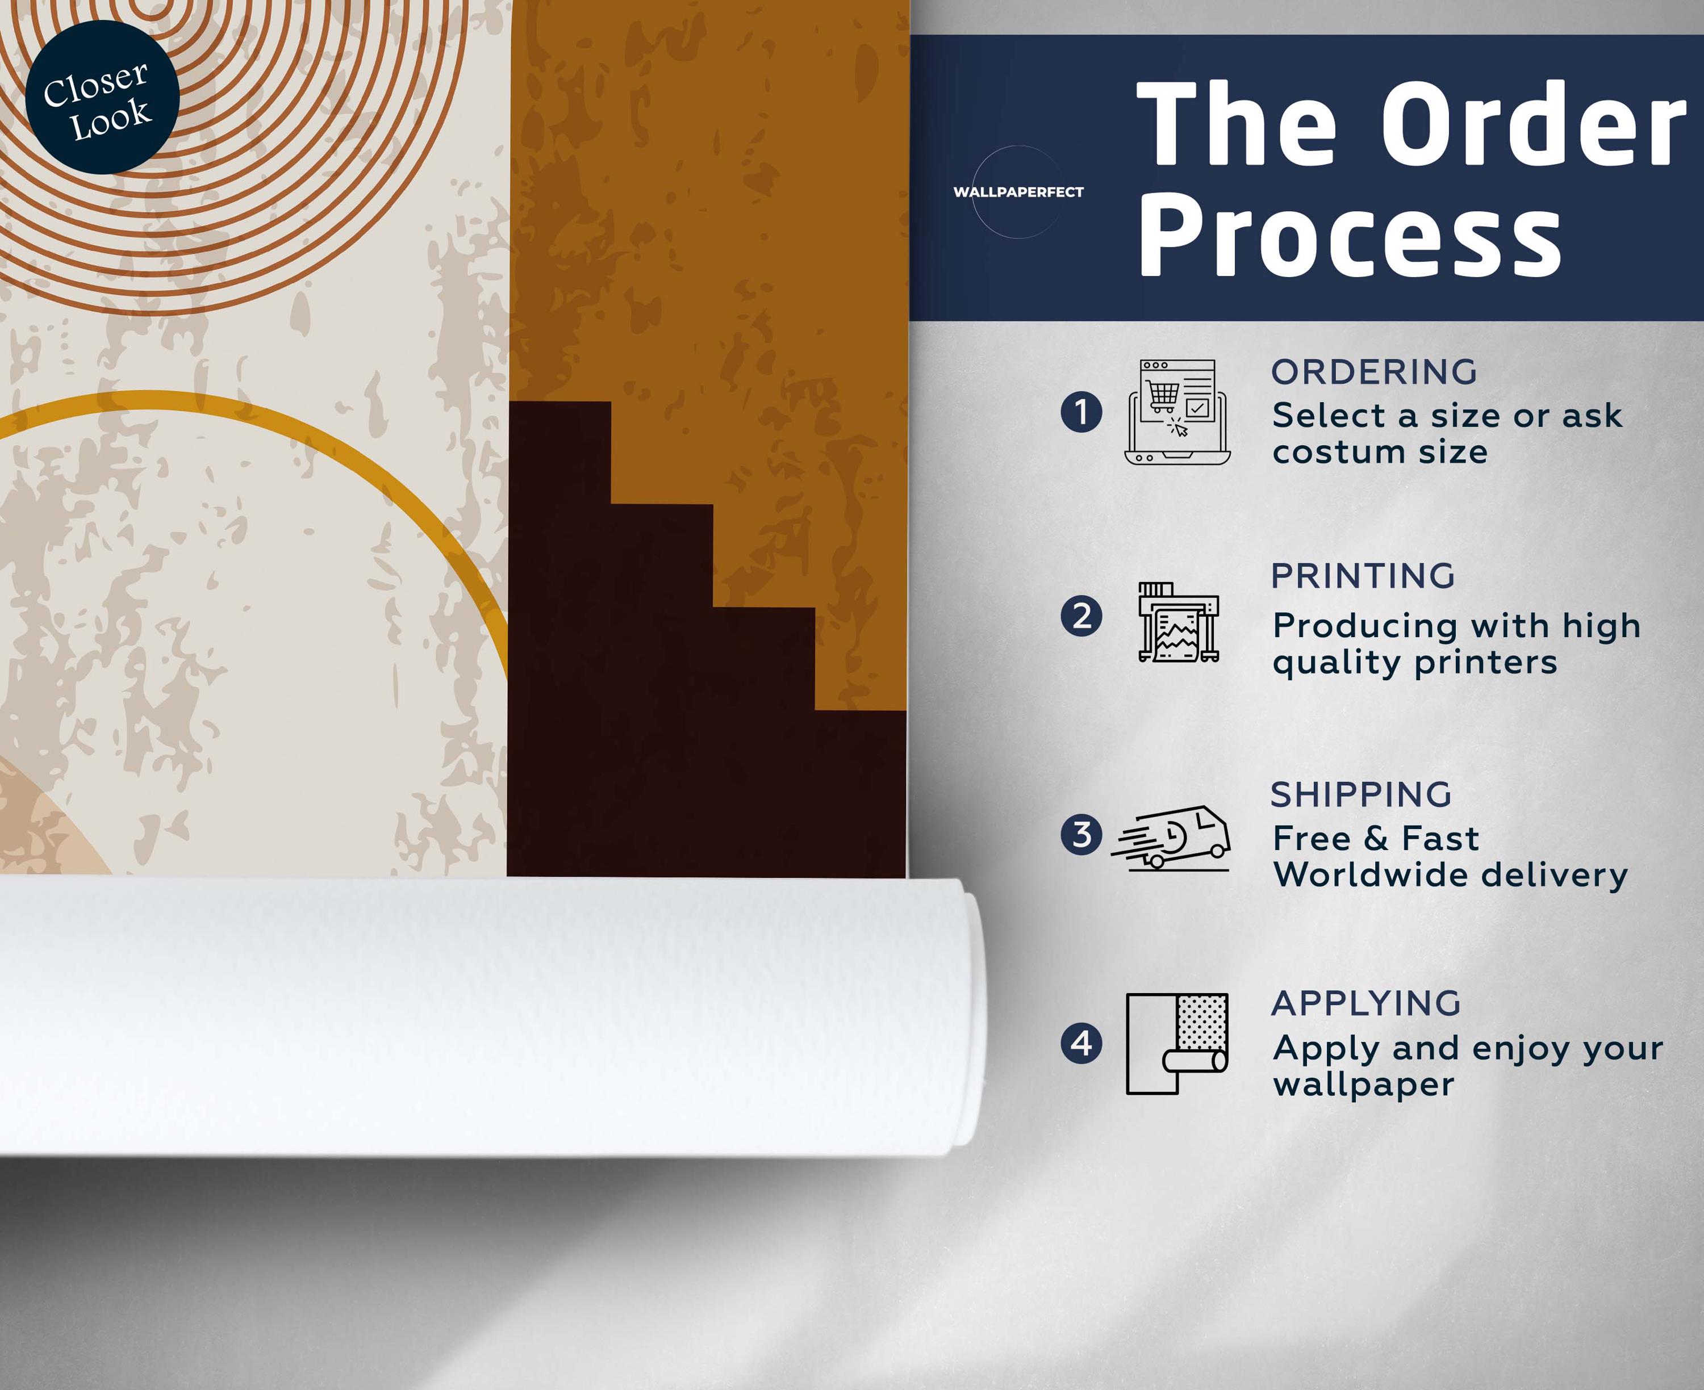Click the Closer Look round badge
(102, 98)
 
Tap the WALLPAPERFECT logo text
(1018, 192)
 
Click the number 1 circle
(1081, 412)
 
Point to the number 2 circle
(1081, 617)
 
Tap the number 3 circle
(1081, 834)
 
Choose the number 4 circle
(1081, 1043)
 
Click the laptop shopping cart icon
(1177, 412)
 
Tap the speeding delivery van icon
(1170, 838)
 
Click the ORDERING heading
(1374, 371)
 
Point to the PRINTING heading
(1363, 576)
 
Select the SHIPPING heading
(1361, 794)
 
